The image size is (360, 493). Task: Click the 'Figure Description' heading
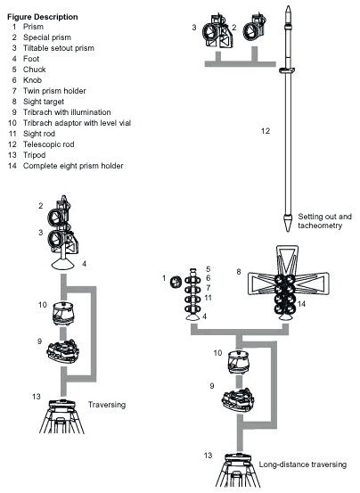click(x=43, y=17)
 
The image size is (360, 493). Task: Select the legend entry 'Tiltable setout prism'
click(x=59, y=48)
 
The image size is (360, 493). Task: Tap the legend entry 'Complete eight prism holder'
click(x=73, y=166)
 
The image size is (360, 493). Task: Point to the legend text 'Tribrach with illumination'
click(x=67, y=112)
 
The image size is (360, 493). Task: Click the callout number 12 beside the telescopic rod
click(x=266, y=131)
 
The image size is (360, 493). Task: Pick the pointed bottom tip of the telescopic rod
click(x=288, y=231)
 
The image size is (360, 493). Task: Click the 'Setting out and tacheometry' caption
click(x=324, y=221)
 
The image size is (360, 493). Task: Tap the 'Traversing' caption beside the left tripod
click(x=107, y=405)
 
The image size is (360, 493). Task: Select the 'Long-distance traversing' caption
click(x=303, y=464)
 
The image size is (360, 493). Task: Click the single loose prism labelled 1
click(x=176, y=282)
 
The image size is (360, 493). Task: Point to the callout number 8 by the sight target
click(x=239, y=271)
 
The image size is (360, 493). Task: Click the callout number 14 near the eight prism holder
click(x=301, y=304)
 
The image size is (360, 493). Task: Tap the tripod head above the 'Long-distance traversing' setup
click(x=238, y=458)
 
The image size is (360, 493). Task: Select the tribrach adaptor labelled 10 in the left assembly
click(x=63, y=314)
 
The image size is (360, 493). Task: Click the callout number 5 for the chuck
click(x=208, y=269)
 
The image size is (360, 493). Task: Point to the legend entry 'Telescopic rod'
click(x=48, y=144)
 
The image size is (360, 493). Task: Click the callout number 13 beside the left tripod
click(x=37, y=397)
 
